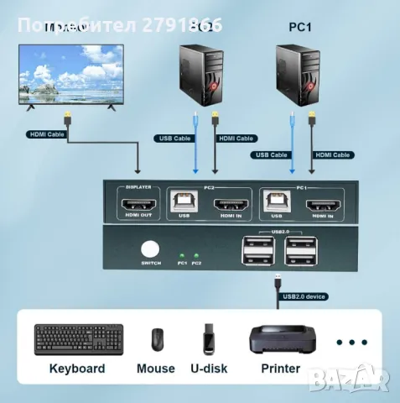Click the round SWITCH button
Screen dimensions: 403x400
[x=151, y=250]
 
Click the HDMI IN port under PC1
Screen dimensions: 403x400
[x=320, y=204]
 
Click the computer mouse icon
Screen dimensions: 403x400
[x=156, y=339]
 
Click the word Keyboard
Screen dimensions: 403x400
[x=77, y=368]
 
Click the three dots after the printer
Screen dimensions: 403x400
[x=351, y=342]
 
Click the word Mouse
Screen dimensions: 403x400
[x=156, y=368]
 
